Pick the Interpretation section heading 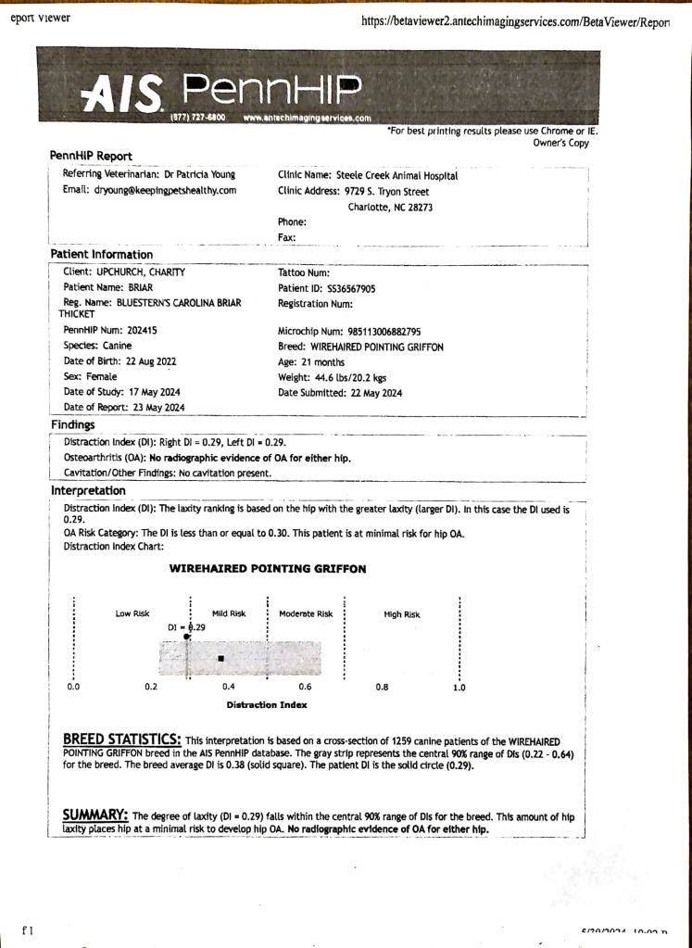tap(88, 490)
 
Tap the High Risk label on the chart tap(401, 614)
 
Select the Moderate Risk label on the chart tap(306, 613)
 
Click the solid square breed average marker tap(220, 659)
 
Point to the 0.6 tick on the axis tap(305, 688)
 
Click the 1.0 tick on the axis tap(459, 688)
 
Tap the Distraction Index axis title tap(267, 705)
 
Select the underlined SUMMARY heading tap(94, 815)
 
